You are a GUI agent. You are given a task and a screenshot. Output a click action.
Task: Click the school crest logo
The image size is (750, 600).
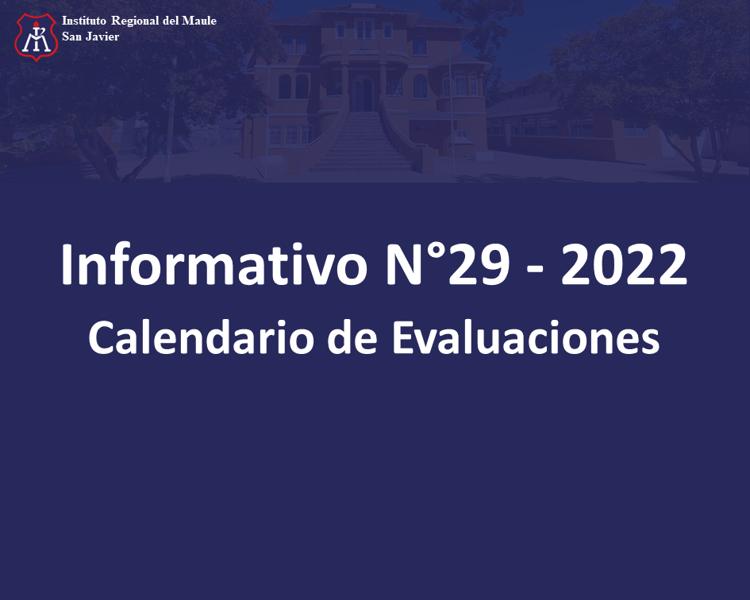[37, 37]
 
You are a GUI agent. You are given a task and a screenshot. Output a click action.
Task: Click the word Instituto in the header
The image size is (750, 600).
[83, 21]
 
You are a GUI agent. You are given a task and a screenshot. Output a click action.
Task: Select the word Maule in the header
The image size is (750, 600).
[199, 21]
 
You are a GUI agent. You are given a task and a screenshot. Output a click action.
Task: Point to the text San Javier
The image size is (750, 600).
[90, 37]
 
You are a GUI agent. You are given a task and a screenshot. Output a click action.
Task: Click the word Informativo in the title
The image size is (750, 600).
[213, 264]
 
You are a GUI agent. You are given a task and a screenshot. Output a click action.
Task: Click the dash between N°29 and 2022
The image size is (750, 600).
[535, 271]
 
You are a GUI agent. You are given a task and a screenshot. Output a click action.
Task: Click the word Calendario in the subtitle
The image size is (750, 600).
[201, 337]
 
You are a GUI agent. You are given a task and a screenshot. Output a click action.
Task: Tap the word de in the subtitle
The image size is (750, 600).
[352, 337]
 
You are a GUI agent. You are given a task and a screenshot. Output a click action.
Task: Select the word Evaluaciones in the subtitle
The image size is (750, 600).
[525, 337]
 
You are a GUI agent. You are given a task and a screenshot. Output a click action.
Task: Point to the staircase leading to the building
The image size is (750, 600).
[363, 141]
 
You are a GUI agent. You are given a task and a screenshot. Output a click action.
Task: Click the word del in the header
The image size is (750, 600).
[171, 21]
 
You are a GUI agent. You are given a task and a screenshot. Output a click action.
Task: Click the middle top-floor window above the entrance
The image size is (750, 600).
[364, 29]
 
